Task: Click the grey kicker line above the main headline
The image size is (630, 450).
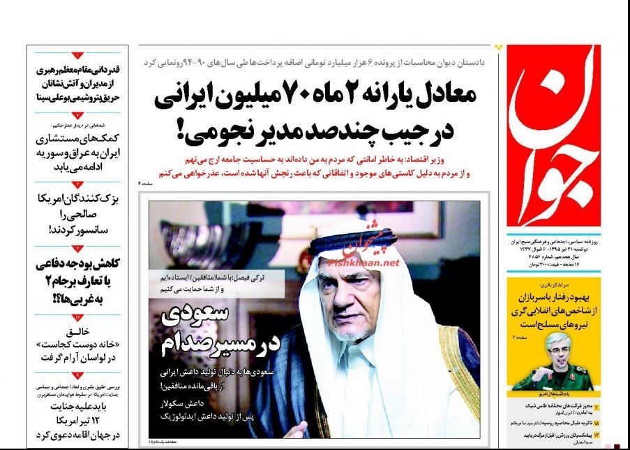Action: click(x=314, y=63)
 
